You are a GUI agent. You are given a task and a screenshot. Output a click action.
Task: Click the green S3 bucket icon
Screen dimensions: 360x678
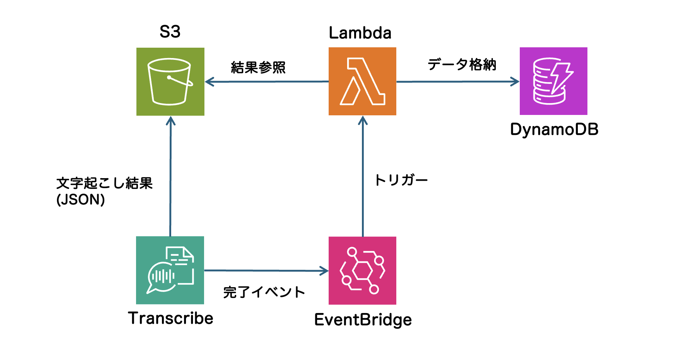(170, 82)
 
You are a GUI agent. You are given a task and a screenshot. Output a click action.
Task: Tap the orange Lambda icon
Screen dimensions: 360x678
(362, 81)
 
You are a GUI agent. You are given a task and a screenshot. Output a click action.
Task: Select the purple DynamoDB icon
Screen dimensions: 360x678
(553, 81)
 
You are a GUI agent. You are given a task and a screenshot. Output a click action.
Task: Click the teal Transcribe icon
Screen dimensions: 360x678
(170, 270)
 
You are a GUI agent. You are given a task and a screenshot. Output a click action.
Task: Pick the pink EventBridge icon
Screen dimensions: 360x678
(362, 271)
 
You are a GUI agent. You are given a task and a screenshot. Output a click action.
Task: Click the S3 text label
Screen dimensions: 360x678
(170, 32)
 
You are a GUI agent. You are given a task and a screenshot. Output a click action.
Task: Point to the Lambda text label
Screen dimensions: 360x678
(360, 33)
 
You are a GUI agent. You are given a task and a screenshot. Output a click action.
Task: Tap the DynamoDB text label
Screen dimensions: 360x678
(554, 130)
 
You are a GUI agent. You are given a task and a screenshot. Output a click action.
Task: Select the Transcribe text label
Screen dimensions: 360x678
(171, 318)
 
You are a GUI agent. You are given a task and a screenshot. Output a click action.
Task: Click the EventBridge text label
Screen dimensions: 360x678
(363, 320)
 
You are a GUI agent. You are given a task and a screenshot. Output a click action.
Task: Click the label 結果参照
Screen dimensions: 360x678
(258, 68)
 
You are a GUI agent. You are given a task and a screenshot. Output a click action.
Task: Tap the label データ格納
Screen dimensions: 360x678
(462, 65)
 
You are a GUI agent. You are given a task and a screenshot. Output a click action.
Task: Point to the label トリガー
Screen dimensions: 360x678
(401, 180)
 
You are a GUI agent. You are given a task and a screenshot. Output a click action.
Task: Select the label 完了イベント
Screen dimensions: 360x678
(264, 292)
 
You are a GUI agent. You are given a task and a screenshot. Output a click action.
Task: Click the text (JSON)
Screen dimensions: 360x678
(81, 200)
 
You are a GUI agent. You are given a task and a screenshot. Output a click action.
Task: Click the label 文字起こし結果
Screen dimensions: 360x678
(104, 183)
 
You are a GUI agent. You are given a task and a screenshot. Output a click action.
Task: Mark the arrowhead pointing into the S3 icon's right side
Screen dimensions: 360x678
(209, 82)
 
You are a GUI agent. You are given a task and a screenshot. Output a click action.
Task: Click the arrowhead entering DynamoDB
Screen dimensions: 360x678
(516, 82)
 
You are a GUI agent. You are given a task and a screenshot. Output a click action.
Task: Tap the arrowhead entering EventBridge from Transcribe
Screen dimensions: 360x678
(325, 271)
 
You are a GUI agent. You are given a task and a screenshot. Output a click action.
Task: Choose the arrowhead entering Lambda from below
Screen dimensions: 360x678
(363, 120)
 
